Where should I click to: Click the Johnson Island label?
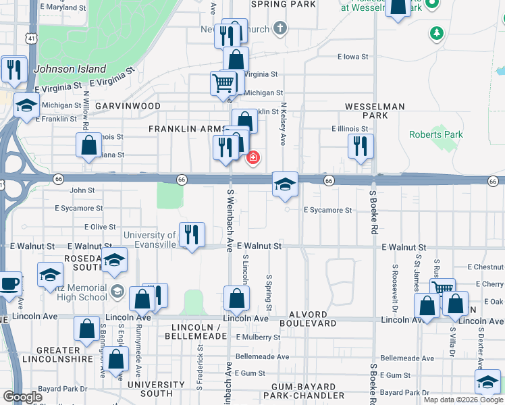coord(70,69)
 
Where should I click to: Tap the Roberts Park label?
coord(436,134)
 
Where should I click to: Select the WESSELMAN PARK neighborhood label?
coord(375,111)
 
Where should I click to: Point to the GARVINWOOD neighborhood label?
coord(128,107)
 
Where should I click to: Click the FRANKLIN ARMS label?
coord(185,129)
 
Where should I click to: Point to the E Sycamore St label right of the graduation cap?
coord(328,210)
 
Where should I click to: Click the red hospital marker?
coord(253,158)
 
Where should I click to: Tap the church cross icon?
coord(280,28)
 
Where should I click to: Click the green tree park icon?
coord(437,32)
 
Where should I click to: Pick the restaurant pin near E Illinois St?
coord(361,146)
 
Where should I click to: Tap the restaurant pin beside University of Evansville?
coord(192,235)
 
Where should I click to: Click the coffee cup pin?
coord(9,284)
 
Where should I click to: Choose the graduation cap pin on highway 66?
coord(285,184)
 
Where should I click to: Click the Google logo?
coord(22,397)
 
